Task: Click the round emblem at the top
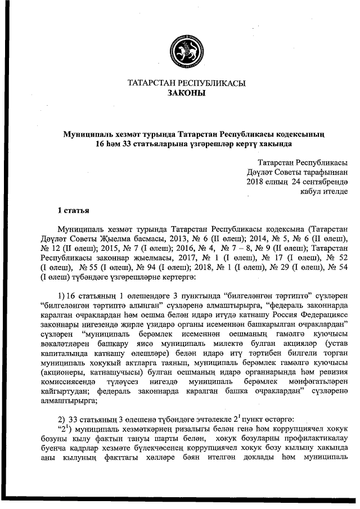pyautogui.click(x=179, y=49)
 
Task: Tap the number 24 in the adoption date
pyautogui.click(x=299, y=181)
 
